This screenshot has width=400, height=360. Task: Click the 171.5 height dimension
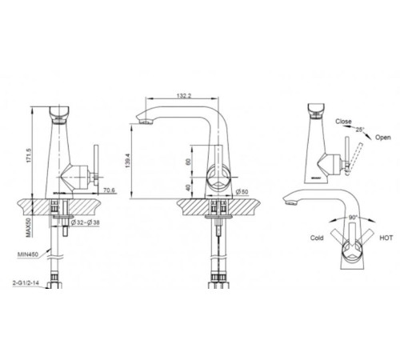29,156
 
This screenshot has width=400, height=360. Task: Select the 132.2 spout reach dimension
184,95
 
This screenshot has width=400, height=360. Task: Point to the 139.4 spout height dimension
127,161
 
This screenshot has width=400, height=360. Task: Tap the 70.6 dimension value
110,190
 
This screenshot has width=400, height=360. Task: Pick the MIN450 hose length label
28,254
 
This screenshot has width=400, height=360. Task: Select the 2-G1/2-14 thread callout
26,283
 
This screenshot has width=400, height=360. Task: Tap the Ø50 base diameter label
242,191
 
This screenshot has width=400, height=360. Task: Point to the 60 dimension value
188,162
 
